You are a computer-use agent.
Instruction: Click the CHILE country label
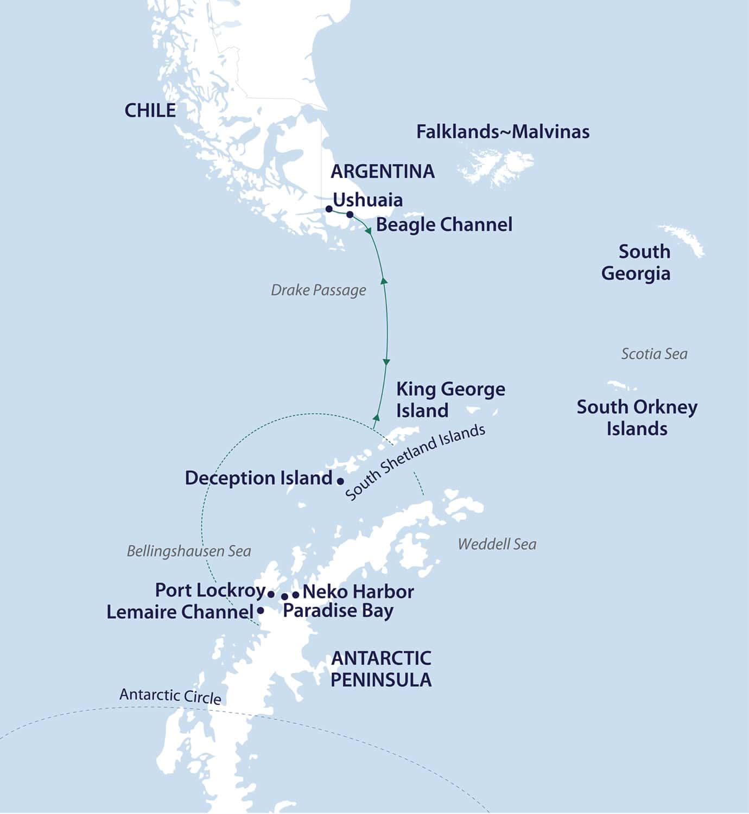click(150, 111)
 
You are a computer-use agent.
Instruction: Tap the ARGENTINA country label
click(383, 171)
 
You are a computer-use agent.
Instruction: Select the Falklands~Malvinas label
click(503, 132)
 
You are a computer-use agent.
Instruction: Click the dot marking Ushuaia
click(329, 208)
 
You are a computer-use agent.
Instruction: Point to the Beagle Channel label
click(444, 225)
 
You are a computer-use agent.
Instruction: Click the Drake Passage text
click(318, 290)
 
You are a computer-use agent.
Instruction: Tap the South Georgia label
click(637, 262)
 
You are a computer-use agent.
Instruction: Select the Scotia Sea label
click(654, 354)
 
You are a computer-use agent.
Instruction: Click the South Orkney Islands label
click(637, 418)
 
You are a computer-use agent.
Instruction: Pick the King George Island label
click(450, 400)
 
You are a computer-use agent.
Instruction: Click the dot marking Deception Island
click(340, 481)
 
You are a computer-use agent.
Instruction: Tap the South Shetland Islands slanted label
click(415, 462)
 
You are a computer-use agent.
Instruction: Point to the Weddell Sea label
click(497, 544)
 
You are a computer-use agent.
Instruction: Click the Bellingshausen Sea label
click(189, 551)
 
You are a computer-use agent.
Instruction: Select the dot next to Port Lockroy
click(271, 594)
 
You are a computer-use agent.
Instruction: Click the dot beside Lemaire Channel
click(261, 610)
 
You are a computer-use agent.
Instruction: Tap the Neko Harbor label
click(358, 592)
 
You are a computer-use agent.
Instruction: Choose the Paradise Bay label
click(338, 611)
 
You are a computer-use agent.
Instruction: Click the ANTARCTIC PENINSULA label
click(381, 669)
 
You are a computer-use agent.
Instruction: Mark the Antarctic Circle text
click(170, 696)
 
